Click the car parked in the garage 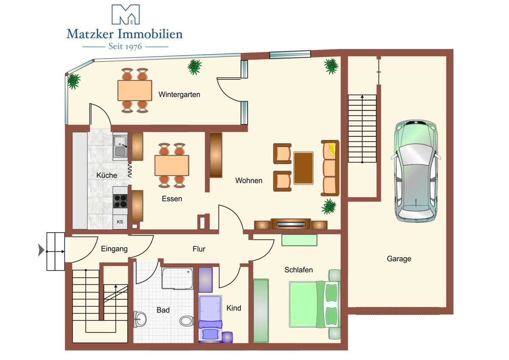tap(416, 171)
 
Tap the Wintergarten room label tap(179, 94)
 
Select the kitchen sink tap(120, 146)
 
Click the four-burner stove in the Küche tap(120, 201)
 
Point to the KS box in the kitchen tap(120, 222)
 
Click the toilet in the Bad tap(187, 321)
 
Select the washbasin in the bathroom tap(140, 319)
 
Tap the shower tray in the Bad tap(177, 278)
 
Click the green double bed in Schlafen tap(315, 305)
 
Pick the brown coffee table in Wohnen tap(303, 168)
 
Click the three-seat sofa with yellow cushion tap(330, 168)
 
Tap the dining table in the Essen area tap(172, 166)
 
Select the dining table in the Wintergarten tap(135, 90)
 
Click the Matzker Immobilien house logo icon tap(126, 14)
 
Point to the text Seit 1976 tap(125, 46)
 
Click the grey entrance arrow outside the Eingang tap(41, 250)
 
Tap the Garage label tap(399, 259)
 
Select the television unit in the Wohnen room tap(291, 224)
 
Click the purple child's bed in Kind tap(210, 319)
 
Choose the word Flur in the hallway tap(199, 249)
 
